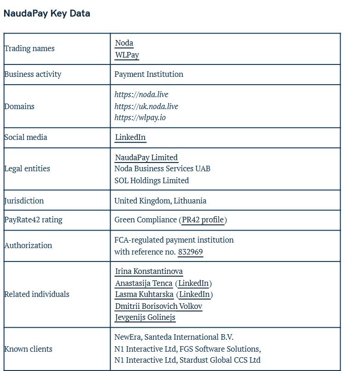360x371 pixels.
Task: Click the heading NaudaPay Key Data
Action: click(x=46, y=13)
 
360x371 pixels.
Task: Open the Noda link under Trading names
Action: click(x=124, y=43)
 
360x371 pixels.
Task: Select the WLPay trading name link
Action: click(x=127, y=55)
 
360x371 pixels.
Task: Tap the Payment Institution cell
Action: click(x=149, y=74)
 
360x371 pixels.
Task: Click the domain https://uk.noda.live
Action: click(x=146, y=106)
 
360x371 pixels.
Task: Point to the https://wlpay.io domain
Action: click(x=140, y=117)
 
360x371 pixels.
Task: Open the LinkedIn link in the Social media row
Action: click(x=130, y=137)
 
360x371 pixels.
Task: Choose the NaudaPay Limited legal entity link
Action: click(x=146, y=157)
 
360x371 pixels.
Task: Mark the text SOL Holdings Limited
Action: click(x=151, y=180)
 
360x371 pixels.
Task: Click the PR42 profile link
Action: click(x=203, y=220)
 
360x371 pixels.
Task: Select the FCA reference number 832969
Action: click(x=191, y=252)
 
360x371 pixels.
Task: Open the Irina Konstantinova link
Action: click(x=149, y=272)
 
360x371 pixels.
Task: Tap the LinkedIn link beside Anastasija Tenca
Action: click(x=193, y=283)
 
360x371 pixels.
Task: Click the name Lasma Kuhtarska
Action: click(x=144, y=294)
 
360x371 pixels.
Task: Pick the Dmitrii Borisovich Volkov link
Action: click(x=158, y=306)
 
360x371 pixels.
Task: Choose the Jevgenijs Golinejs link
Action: click(x=145, y=318)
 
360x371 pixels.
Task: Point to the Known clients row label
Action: click(x=28, y=349)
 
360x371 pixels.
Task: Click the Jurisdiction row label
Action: click(x=24, y=201)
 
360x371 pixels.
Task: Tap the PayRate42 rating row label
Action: click(x=33, y=220)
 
